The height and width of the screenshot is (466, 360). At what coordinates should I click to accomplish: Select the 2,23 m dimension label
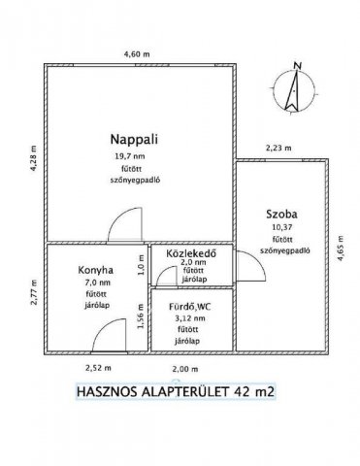(x=278, y=148)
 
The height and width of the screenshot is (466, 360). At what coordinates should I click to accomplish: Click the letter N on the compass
(x=300, y=65)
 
